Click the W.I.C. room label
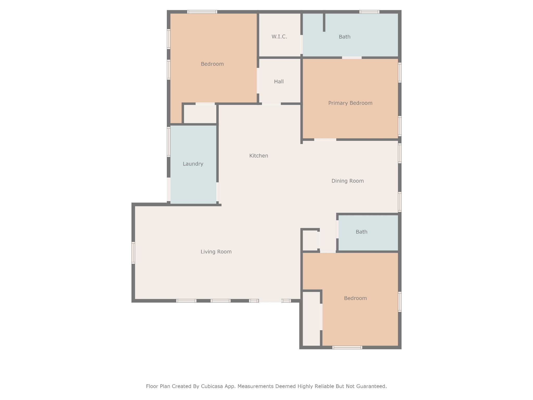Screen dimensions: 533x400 (279, 37)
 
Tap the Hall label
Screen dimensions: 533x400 (279, 82)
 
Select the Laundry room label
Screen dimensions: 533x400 (193, 164)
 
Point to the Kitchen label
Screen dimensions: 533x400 (259, 156)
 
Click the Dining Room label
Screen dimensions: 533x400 (347, 181)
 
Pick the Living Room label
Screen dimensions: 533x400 (216, 252)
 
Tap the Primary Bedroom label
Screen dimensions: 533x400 (350, 103)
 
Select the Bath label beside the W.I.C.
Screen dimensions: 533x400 (345, 37)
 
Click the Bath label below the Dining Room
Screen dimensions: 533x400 (361, 232)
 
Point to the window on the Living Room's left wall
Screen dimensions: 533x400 (133, 253)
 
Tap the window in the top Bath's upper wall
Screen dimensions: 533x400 (369, 12)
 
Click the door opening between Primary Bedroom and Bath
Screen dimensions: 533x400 (352, 58)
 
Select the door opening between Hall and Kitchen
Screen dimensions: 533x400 (271, 104)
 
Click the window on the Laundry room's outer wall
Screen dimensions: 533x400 (169, 142)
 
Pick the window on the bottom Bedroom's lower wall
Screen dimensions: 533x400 (347, 347)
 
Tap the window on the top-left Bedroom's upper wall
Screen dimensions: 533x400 (202, 12)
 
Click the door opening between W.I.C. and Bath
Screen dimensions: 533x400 (302, 45)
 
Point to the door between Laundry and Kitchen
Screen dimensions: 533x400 (218, 192)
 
